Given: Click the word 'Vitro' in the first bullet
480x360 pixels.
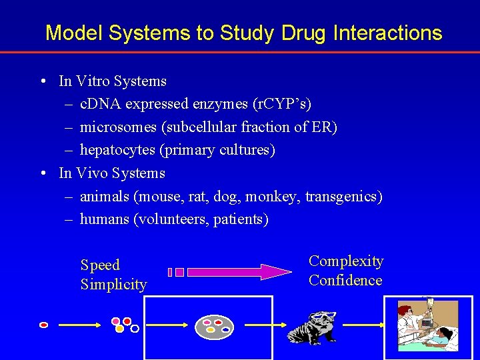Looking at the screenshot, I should click(x=92, y=81).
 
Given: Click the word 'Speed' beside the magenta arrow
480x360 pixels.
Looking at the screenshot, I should click(x=100, y=265).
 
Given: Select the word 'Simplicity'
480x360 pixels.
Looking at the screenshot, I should click(x=113, y=285).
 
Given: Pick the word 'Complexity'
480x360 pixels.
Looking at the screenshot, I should click(x=346, y=261).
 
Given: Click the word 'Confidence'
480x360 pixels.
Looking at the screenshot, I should click(x=345, y=281).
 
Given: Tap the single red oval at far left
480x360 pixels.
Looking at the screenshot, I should click(x=44, y=325).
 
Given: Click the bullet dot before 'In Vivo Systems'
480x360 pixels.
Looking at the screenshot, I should click(x=42, y=173).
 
